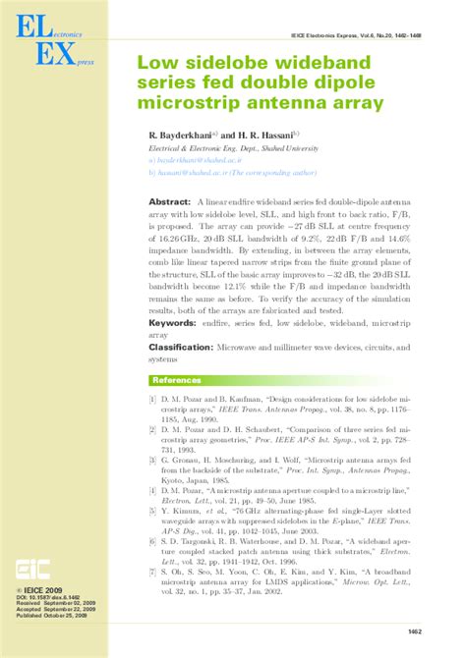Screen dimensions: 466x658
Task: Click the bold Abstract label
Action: (169, 200)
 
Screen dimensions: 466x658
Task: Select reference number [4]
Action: (153, 487)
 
